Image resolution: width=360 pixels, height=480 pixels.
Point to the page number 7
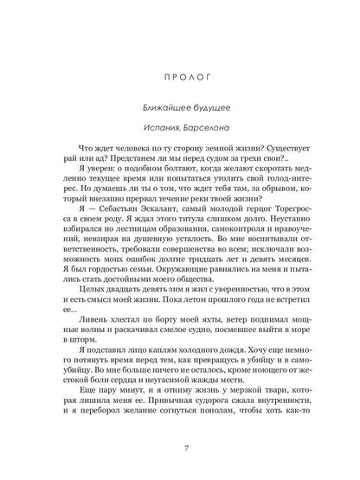[x=179, y=445]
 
